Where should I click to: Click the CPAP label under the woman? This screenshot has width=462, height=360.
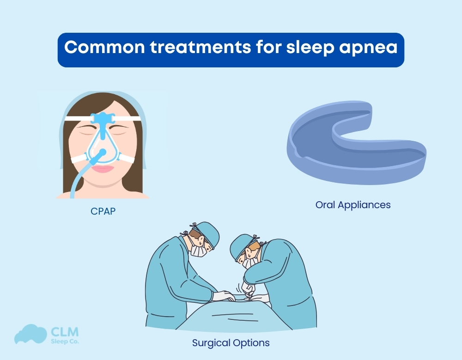[103, 211]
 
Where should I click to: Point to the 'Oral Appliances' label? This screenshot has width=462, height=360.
[353, 204]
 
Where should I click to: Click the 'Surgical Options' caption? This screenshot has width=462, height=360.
[231, 343]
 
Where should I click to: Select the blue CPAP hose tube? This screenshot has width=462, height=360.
[76, 178]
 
